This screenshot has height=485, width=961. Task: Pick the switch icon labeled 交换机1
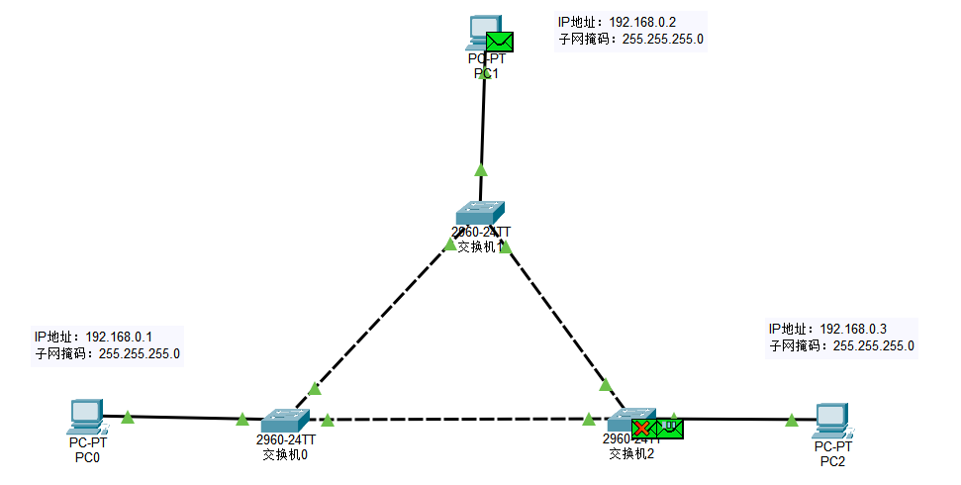[481, 212]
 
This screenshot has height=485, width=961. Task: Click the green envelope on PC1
[501, 41]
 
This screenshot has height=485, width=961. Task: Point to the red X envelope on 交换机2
[643, 429]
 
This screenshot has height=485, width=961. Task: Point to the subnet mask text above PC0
[107, 353]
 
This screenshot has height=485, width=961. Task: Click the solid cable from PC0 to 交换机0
[183, 417]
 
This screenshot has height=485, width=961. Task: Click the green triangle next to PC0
[127, 418]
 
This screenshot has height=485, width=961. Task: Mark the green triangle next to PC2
[792, 421]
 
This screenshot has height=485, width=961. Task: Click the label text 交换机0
[285, 455]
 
